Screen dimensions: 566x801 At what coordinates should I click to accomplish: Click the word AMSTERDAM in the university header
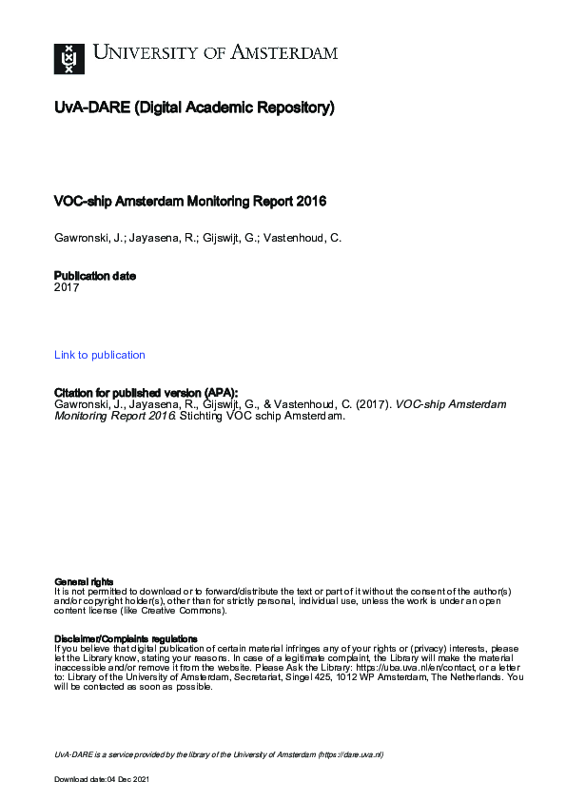[286, 53]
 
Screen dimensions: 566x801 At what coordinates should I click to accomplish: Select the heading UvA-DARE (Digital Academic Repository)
[194, 108]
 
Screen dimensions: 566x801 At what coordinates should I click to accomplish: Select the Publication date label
[95, 276]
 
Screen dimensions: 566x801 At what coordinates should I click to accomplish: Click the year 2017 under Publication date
[67, 286]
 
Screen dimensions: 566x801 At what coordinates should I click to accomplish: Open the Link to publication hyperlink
[100, 355]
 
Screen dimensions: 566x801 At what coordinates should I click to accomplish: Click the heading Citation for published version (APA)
[146, 392]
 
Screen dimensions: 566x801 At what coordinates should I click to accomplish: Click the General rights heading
[84, 581]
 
